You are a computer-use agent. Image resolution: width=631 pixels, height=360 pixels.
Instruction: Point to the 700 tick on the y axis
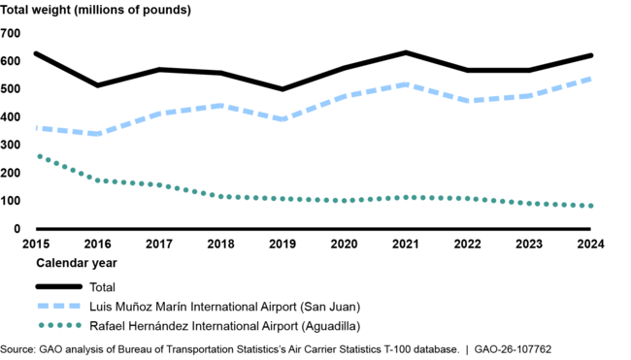click(11, 33)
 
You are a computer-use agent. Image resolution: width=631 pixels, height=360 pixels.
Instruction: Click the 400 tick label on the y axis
click(11, 116)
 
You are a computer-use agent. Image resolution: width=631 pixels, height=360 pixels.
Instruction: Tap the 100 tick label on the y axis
click(11, 201)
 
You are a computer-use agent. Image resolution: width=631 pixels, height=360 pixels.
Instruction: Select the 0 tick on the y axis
click(17, 229)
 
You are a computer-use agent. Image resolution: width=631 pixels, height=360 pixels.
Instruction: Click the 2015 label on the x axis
click(37, 245)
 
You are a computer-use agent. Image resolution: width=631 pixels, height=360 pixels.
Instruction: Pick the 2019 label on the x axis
click(282, 245)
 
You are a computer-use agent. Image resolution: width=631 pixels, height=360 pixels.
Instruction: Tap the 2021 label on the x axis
click(405, 245)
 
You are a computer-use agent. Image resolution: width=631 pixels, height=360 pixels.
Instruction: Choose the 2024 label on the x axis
click(588, 245)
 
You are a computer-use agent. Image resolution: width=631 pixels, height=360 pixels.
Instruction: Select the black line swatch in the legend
click(58, 287)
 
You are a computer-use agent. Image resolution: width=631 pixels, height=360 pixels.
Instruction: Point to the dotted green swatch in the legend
click(58, 324)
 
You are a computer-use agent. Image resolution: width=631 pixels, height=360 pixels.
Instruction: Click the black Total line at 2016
click(98, 85)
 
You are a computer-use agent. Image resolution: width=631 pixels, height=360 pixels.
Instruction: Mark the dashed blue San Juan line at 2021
click(405, 84)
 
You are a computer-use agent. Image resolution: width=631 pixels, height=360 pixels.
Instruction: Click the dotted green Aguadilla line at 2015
click(37, 156)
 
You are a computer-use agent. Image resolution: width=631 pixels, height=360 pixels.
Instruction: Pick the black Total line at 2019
click(282, 89)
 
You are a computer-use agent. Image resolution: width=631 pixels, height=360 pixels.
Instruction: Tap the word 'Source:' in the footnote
click(18, 348)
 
